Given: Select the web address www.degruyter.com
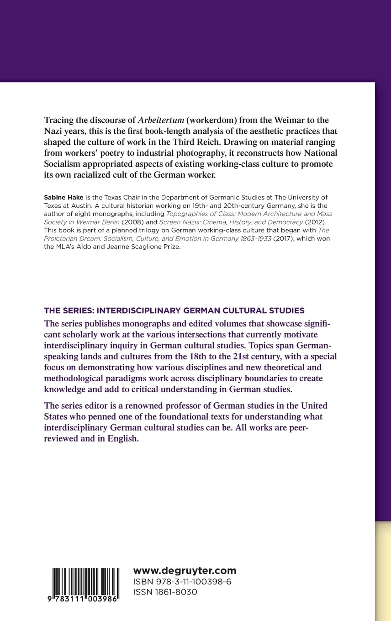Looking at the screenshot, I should click(x=185, y=570).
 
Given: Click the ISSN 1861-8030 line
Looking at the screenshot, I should click(x=165, y=592).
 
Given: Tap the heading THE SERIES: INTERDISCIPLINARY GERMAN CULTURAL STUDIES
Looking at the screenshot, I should click(x=174, y=310).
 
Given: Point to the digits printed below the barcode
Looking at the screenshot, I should click(x=85, y=599).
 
